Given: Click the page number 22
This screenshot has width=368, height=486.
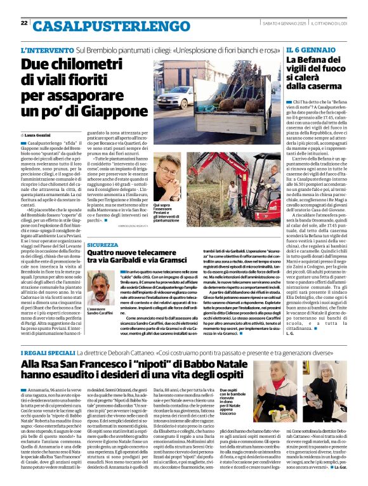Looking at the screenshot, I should [x=24, y=23].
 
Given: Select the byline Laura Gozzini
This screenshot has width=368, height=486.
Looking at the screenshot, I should [x=40, y=136].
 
